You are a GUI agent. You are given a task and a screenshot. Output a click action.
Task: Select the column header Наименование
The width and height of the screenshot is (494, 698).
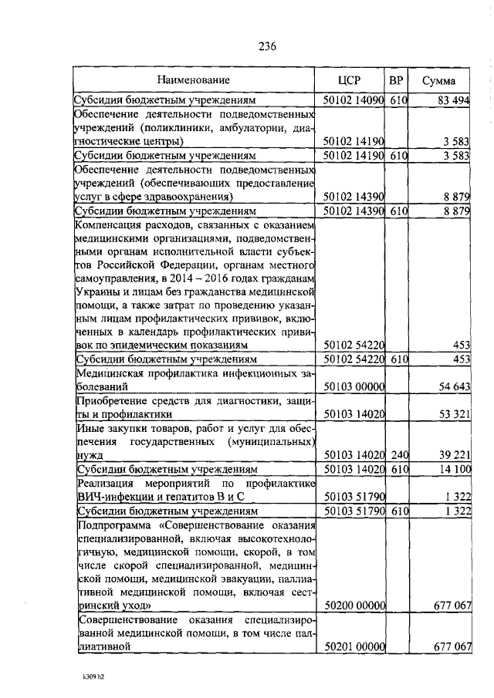pos(194,79)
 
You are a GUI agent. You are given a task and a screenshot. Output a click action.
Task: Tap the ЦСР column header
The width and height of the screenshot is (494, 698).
pos(350,80)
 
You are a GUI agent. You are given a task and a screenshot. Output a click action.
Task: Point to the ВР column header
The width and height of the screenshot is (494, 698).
pos(396,80)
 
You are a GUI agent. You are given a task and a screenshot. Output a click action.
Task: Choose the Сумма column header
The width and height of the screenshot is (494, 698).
pos(438,80)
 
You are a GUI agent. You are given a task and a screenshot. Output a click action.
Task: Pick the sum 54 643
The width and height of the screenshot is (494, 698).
pos(454,386)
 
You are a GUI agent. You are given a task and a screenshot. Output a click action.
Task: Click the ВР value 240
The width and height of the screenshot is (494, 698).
pos(398,455)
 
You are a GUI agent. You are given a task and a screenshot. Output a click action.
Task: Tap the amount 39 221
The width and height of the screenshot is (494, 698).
pos(454,455)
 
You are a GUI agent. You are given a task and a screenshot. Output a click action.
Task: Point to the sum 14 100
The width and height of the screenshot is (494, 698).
pos(454,469)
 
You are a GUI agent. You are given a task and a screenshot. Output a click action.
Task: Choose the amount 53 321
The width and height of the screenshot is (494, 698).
pos(454,414)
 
